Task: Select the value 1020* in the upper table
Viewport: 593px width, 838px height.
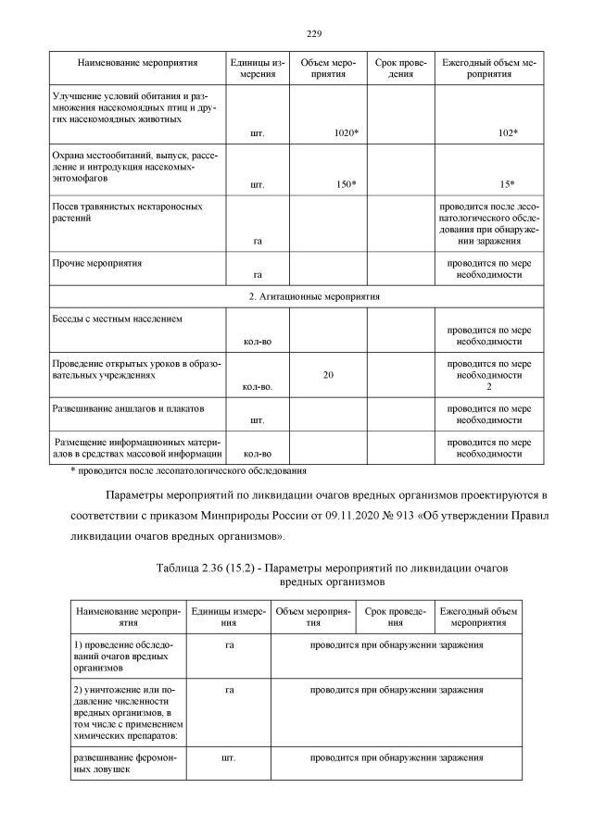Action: (347, 133)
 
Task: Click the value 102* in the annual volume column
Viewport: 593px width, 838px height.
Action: (507, 133)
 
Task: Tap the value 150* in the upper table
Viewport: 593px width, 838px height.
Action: (347, 184)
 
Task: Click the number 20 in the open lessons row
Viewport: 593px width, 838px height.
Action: (328, 375)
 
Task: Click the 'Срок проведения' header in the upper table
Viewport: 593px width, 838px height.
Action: (400, 69)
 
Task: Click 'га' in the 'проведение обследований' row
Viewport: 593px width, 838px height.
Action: (228, 644)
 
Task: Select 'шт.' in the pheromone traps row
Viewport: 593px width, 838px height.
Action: (228, 757)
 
